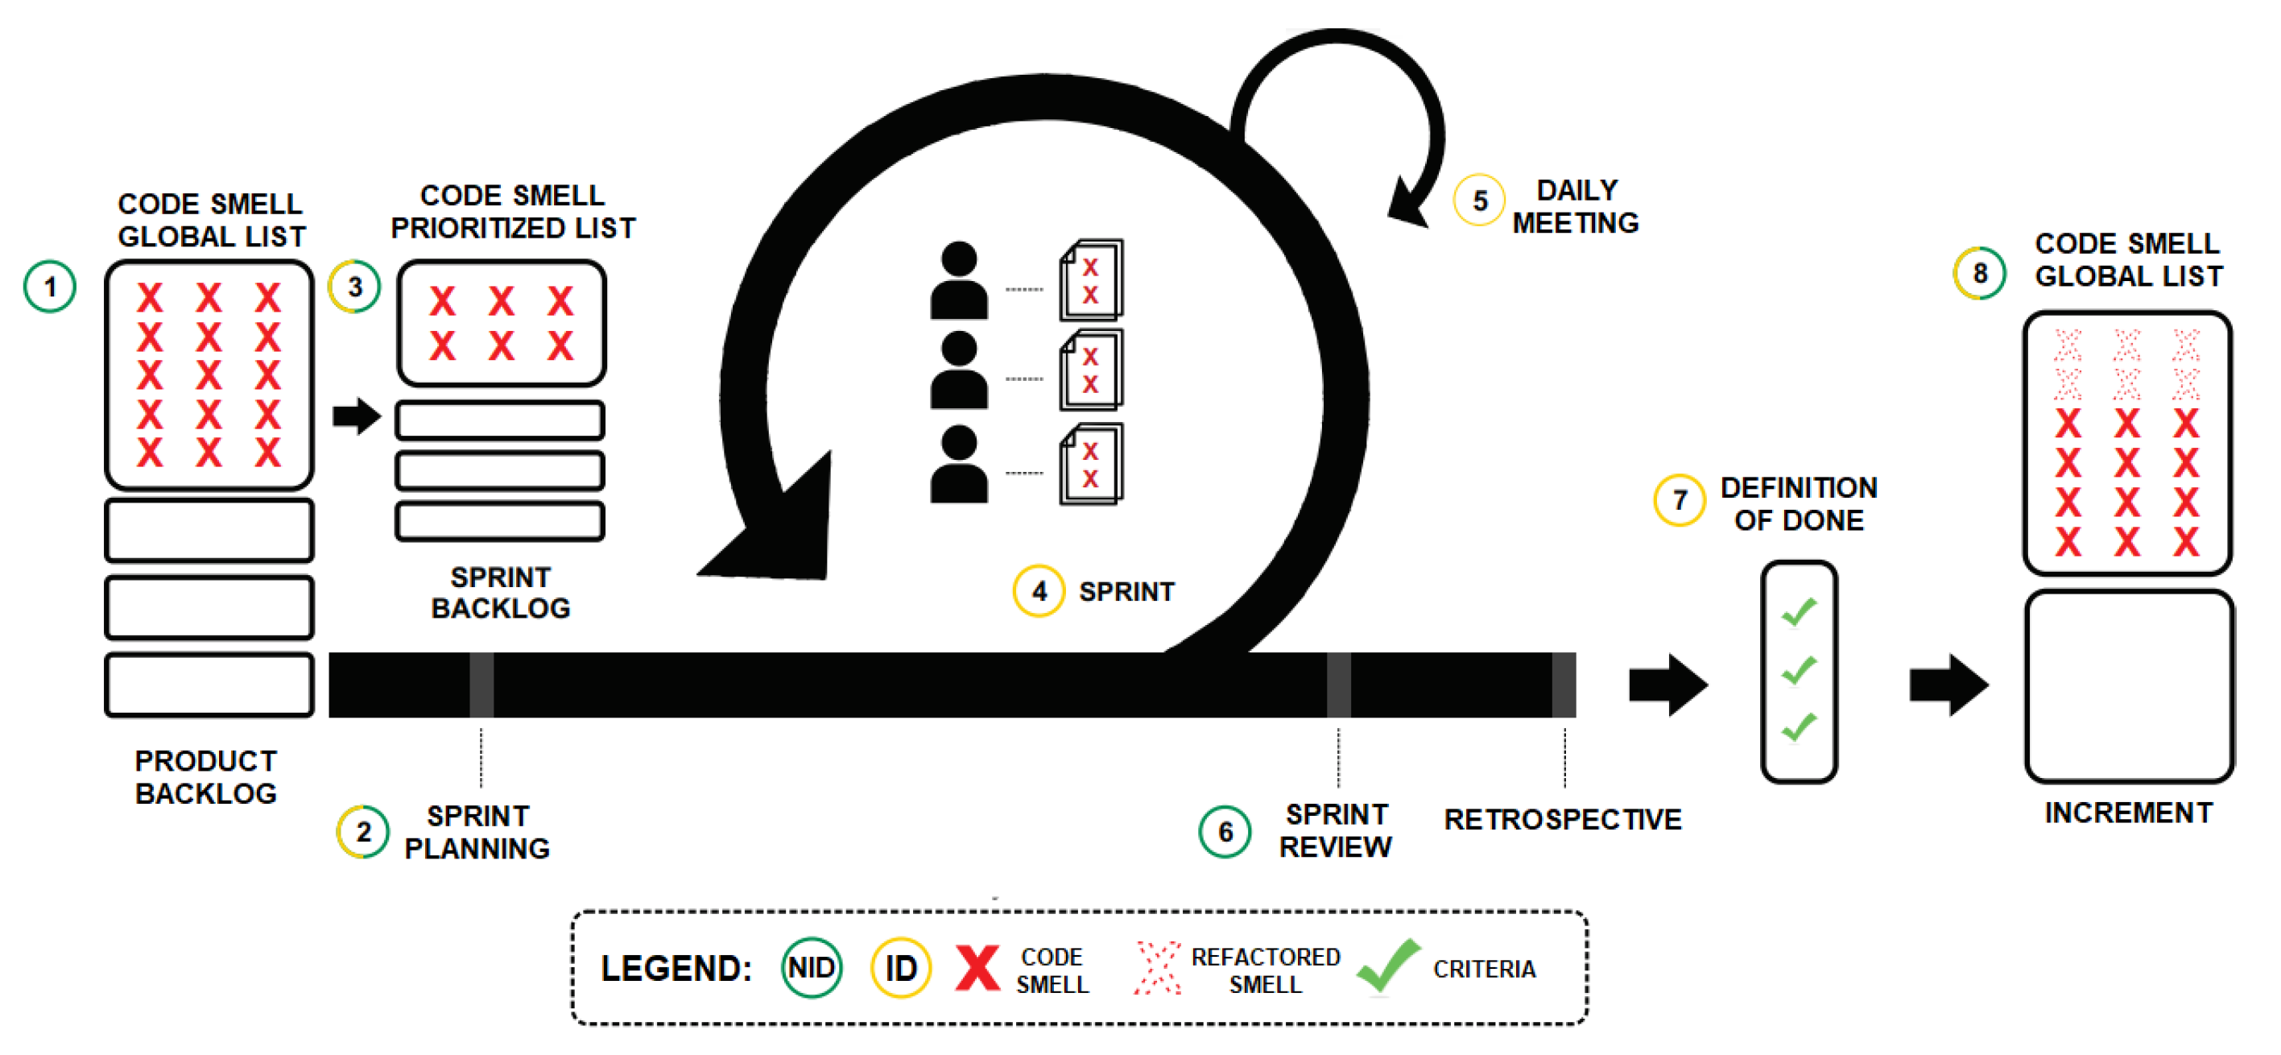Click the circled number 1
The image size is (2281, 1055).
pos(50,286)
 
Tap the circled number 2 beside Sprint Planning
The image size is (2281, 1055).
pos(363,831)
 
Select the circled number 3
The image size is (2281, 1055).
pos(354,286)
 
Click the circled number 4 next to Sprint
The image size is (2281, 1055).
pos(1039,591)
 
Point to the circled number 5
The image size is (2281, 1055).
pos(1479,201)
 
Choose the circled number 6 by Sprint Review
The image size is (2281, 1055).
pos(1225,831)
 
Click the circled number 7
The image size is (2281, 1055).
pos(1679,500)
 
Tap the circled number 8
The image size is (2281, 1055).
pos(1979,273)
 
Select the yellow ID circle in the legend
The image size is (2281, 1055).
pos(900,967)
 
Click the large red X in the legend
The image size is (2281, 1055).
pos(977,967)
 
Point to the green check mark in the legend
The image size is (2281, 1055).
pos(1386,966)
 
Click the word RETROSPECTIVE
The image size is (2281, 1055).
pos(1562,819)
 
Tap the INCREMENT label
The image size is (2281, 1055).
pos(2128,813)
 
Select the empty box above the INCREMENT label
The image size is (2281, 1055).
pos(2128,686)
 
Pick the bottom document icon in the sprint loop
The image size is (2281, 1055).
pos(1091,465)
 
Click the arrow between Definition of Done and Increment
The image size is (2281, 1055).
pos(1948,685)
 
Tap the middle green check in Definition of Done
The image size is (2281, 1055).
pos(1799,670)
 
